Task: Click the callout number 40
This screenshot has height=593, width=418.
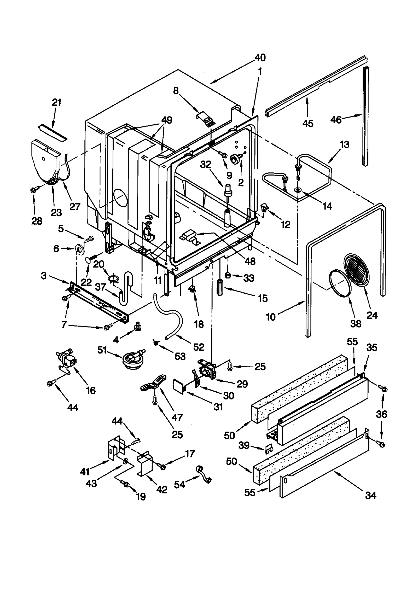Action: pyautogui.click(x=260, y=57)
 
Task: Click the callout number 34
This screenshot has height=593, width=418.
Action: pyautogui.click(x=371, y=495)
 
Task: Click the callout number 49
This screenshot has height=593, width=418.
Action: pyautogui.click(x=167, y=120)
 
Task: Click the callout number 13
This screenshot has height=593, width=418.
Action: pyautogui.click(x=345, y=144)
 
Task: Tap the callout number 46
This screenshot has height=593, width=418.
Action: pyautogui.click(x=336, y=120)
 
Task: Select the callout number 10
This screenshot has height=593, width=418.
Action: pyautogui.click(x=271, y=317)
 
